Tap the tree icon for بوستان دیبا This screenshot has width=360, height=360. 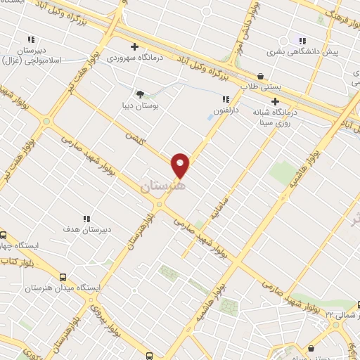[x=139, y=94]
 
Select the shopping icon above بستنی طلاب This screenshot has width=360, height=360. [x=261, y=76]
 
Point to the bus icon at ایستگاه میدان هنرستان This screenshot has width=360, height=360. [x=63, y=277]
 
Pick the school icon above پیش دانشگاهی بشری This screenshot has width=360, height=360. [x=302, y=40]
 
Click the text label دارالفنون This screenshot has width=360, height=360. [x=226, y=111]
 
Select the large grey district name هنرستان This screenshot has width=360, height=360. [x=162, y=187]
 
